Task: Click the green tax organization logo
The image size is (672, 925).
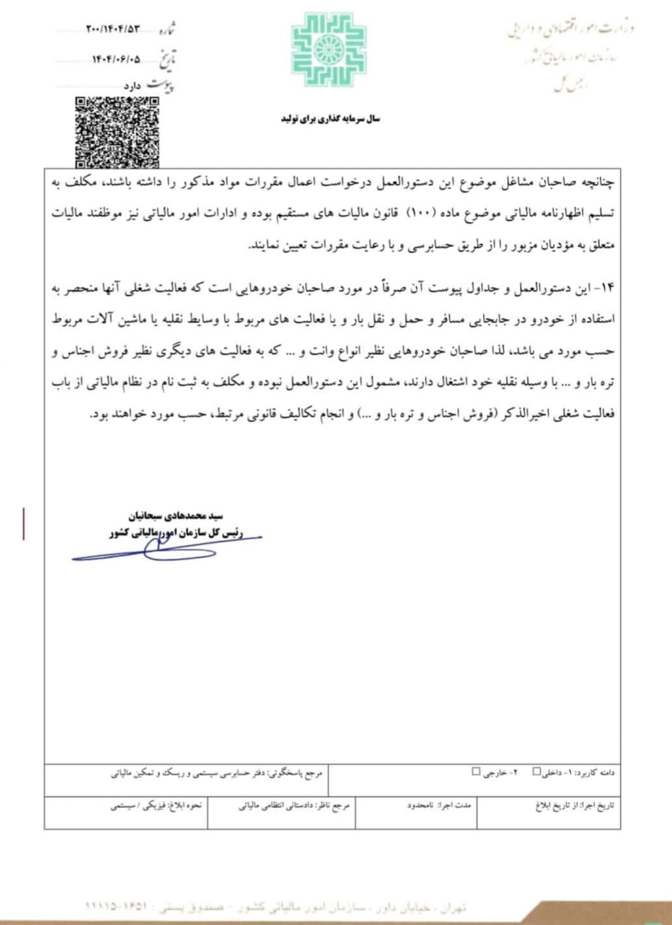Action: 329,50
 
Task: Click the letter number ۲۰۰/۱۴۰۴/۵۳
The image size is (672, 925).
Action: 113,29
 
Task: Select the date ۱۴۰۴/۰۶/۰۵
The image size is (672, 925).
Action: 116,60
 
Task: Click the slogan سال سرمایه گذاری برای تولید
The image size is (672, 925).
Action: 330,119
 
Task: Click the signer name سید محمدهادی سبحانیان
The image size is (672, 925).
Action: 175,516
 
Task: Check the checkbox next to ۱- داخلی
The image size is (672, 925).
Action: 537,772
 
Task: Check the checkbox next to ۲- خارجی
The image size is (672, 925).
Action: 476,772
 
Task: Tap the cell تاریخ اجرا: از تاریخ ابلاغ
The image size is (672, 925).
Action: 574,805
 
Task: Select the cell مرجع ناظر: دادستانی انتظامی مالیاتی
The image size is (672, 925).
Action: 294,805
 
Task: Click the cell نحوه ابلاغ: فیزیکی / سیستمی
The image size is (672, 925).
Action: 156,805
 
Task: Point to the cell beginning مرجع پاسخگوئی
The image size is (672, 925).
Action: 216,773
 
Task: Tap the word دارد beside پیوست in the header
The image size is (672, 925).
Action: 132,86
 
